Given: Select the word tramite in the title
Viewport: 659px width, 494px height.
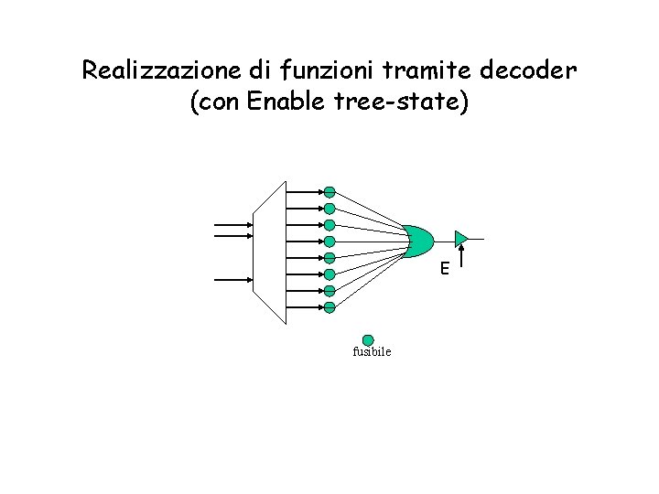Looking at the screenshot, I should pyautogui.click(x=380, y=70).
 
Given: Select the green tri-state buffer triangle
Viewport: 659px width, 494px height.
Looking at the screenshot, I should pyautogui.click(x=461, y=240).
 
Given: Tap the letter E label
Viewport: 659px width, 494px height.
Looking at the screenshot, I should pyautogui.click(x=443, y=269).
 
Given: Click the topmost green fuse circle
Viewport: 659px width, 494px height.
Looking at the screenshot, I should pyautogui.click(x=329, y=192).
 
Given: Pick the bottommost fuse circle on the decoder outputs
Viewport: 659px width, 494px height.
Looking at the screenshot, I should pyautogui.click(x=329, y=307).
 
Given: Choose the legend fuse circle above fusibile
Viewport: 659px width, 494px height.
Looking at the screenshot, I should pyautogui.click(x=368, y=339).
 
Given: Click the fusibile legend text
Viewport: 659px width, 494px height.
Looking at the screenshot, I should pyautogui.click(x=371, y=352).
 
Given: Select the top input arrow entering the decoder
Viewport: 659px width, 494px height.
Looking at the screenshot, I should pyautogui.click(x=233, y=224).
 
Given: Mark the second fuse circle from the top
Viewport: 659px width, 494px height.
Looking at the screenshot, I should pyautogui.click(x=329, y=209).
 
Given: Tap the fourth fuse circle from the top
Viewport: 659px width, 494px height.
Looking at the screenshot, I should pyautogui.click(x=329, y=242).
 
